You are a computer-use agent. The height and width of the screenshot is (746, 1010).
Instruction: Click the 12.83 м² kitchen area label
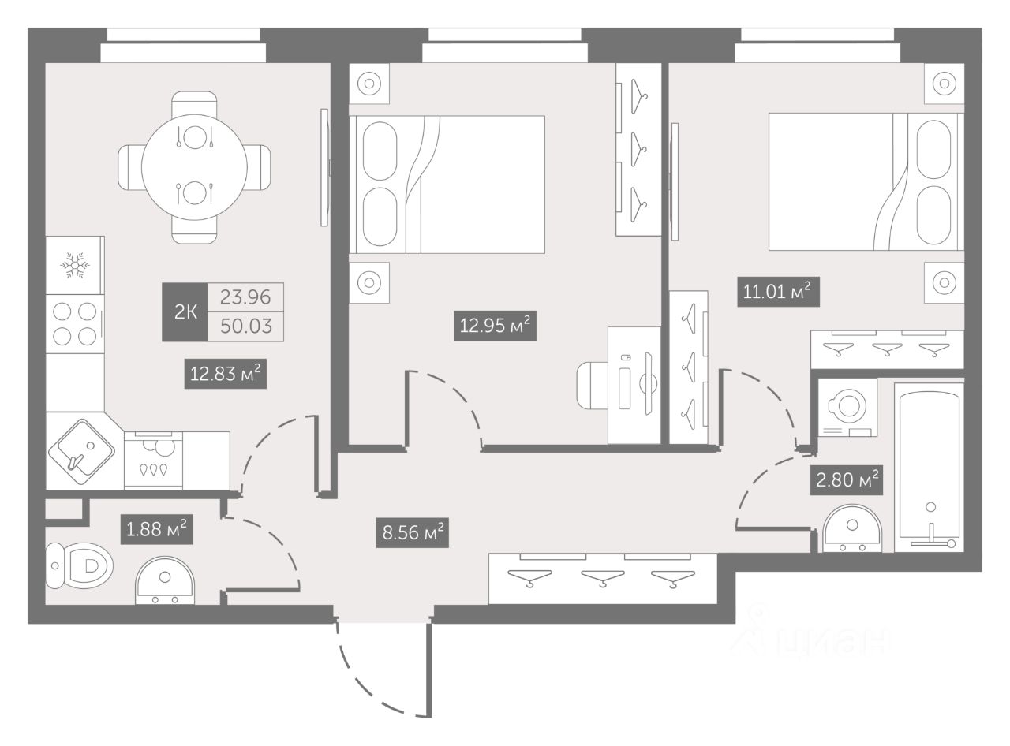224,374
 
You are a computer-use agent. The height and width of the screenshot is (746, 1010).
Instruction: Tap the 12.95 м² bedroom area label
496,325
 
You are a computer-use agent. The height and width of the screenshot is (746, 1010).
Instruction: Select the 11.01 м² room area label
776,292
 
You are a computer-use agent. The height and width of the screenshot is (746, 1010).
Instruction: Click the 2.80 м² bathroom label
846,479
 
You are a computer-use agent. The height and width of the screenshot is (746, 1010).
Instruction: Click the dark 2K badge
185,312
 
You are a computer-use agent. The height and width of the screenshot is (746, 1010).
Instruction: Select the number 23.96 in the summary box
245,297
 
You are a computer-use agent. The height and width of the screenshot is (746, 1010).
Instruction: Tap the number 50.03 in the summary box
245,326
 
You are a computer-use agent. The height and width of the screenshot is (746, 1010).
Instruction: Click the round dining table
194,166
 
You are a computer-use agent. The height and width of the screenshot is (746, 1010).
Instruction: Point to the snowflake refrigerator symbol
75,266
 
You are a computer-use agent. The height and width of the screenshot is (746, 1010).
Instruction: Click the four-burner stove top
75,323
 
